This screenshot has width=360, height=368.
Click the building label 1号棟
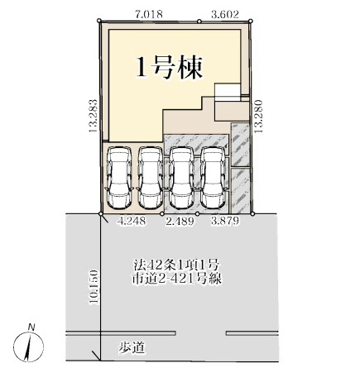[x=169, y=67]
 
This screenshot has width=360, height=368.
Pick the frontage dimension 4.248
[x=133, y=221]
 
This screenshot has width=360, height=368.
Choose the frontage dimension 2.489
[x=180, y=221]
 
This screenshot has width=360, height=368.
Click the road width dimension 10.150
[x=94, y=290]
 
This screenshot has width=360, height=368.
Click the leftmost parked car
[x=121, y=177]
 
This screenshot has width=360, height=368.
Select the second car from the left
[x=151, y=177]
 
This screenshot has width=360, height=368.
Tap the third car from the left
[x=182, y=177]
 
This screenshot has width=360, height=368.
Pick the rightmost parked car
[x=213, y=177]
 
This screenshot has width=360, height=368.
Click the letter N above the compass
[x=29, y=326]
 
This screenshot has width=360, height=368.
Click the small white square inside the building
[x=226, y=92]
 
